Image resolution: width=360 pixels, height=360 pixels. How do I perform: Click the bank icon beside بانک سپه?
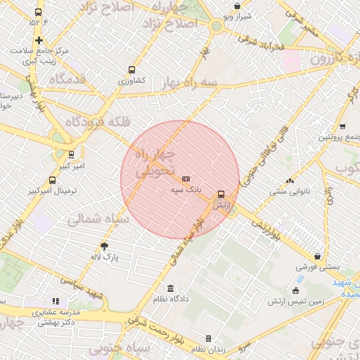(x=186, y=179)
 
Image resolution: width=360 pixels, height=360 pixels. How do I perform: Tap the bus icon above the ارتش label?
(x=221, y=193)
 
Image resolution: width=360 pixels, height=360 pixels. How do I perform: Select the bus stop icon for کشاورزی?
(x=131, y=70)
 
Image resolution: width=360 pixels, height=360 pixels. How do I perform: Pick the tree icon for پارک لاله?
(x=105, y=246)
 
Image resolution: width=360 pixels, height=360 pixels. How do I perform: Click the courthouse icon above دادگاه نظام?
(x=171, y=288)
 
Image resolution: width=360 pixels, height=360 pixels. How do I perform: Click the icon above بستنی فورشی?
(x=319, y=257)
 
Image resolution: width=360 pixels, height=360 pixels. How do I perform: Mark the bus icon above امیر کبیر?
(x=71, y=155)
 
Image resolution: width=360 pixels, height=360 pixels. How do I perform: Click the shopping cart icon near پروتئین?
(x=342, y=127)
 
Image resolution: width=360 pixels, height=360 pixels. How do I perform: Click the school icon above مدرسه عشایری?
(x=55, y=301)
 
